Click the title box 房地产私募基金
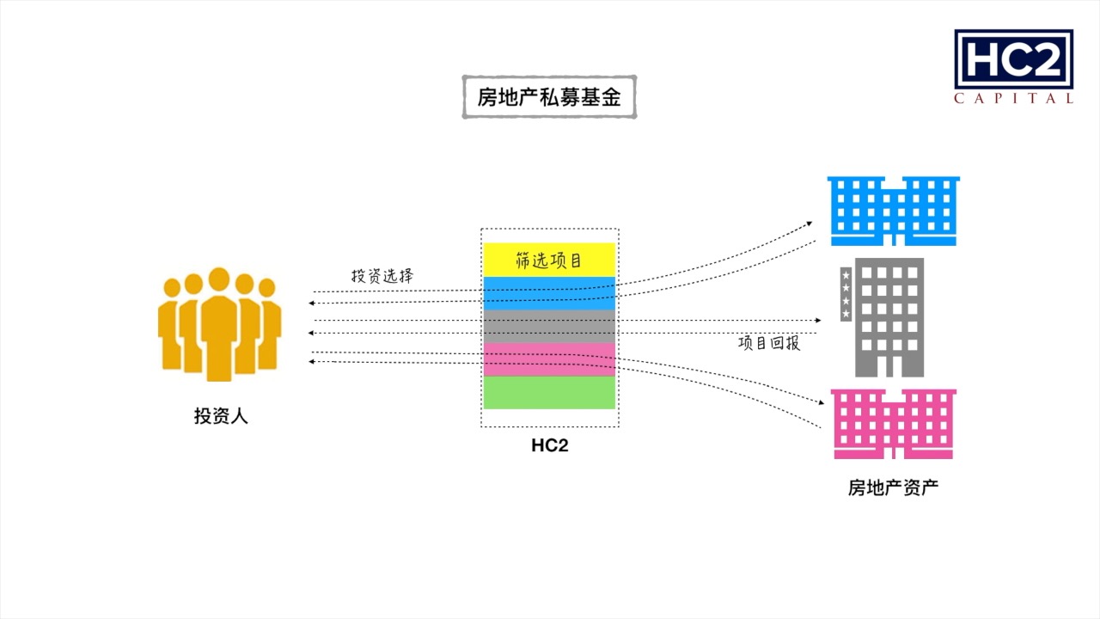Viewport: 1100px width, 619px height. tap(549, 97)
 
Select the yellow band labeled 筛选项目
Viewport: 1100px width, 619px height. tap(549, 260)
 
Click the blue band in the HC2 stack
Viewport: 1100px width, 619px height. tap(549, 293)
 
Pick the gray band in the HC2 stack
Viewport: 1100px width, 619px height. tap(549, 327)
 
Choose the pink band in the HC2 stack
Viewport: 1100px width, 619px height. tap(549, 359)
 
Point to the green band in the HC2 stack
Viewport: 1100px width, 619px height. tap(549, 393)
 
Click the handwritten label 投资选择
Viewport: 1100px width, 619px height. tap(382, 277)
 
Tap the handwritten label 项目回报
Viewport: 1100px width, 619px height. tap(769, 343)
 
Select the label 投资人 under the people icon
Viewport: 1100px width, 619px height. tap(221, 417)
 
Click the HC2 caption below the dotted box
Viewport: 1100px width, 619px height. tap(549, 445)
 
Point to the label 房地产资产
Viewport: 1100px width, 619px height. tap(893, 488)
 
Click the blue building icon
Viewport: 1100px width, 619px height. tap(893, 211)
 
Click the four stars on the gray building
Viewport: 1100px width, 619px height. tap(846, 295)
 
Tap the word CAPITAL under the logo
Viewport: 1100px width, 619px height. tap(1013, 99)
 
